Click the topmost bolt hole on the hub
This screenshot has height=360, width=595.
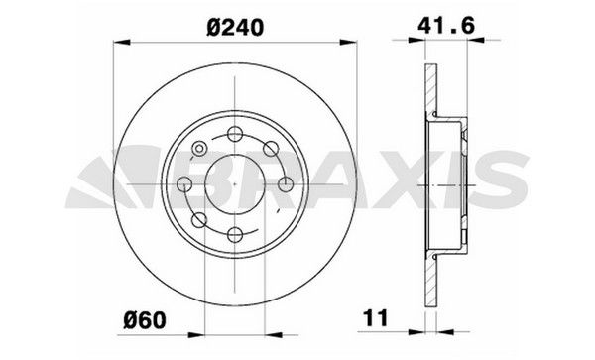click(x=235, y=136)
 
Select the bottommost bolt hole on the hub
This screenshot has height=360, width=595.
click(x=235, y=234)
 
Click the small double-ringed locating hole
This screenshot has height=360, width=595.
click(x=199, y=151)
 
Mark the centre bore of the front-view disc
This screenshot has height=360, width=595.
click(x=235, y=185)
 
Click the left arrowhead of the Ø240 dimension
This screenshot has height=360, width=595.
click(x=120, y=42)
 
